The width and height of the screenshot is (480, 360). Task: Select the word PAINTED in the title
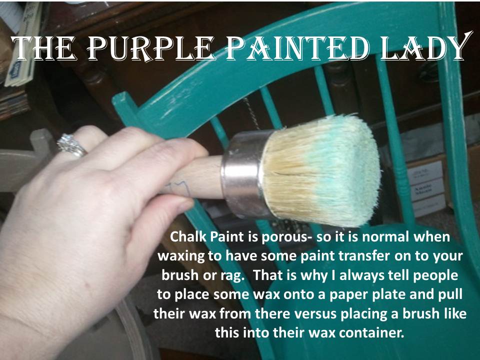297,49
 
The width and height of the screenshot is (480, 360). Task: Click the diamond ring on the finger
71,145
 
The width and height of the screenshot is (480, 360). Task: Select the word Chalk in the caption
187,236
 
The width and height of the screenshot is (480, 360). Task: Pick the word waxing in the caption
180,256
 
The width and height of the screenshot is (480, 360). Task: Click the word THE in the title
43,48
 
